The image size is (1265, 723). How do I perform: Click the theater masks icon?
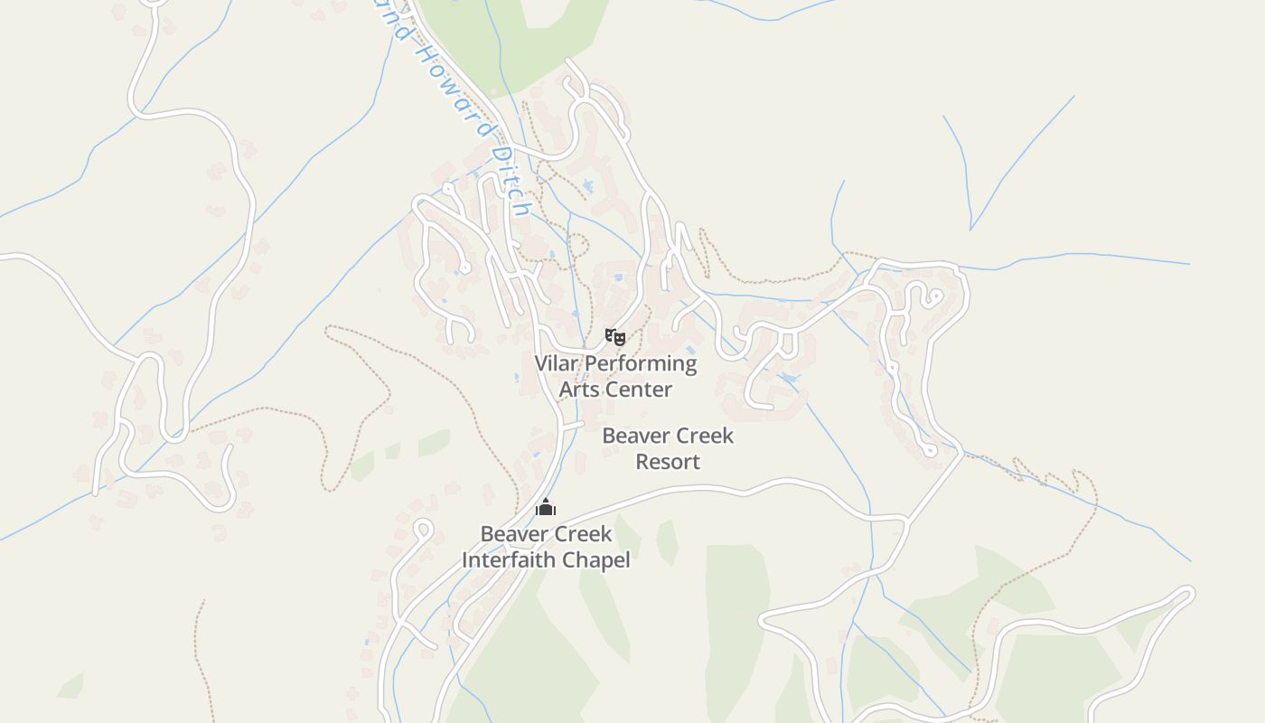[x=615, y=337]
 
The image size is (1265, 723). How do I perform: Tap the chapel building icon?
[x=546, y=507]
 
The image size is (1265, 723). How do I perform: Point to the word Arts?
[x=578, y=390]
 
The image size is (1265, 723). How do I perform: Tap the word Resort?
[x=668, y=461]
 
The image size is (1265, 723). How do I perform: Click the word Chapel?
[x=596, y=559]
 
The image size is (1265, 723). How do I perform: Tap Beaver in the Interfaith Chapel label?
[x=511, y=533]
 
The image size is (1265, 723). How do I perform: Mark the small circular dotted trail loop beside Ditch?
[x=577, y=246]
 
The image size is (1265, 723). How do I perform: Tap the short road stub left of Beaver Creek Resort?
[x=572, y=424]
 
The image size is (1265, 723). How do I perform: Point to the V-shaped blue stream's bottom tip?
[x=970, y=229]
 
